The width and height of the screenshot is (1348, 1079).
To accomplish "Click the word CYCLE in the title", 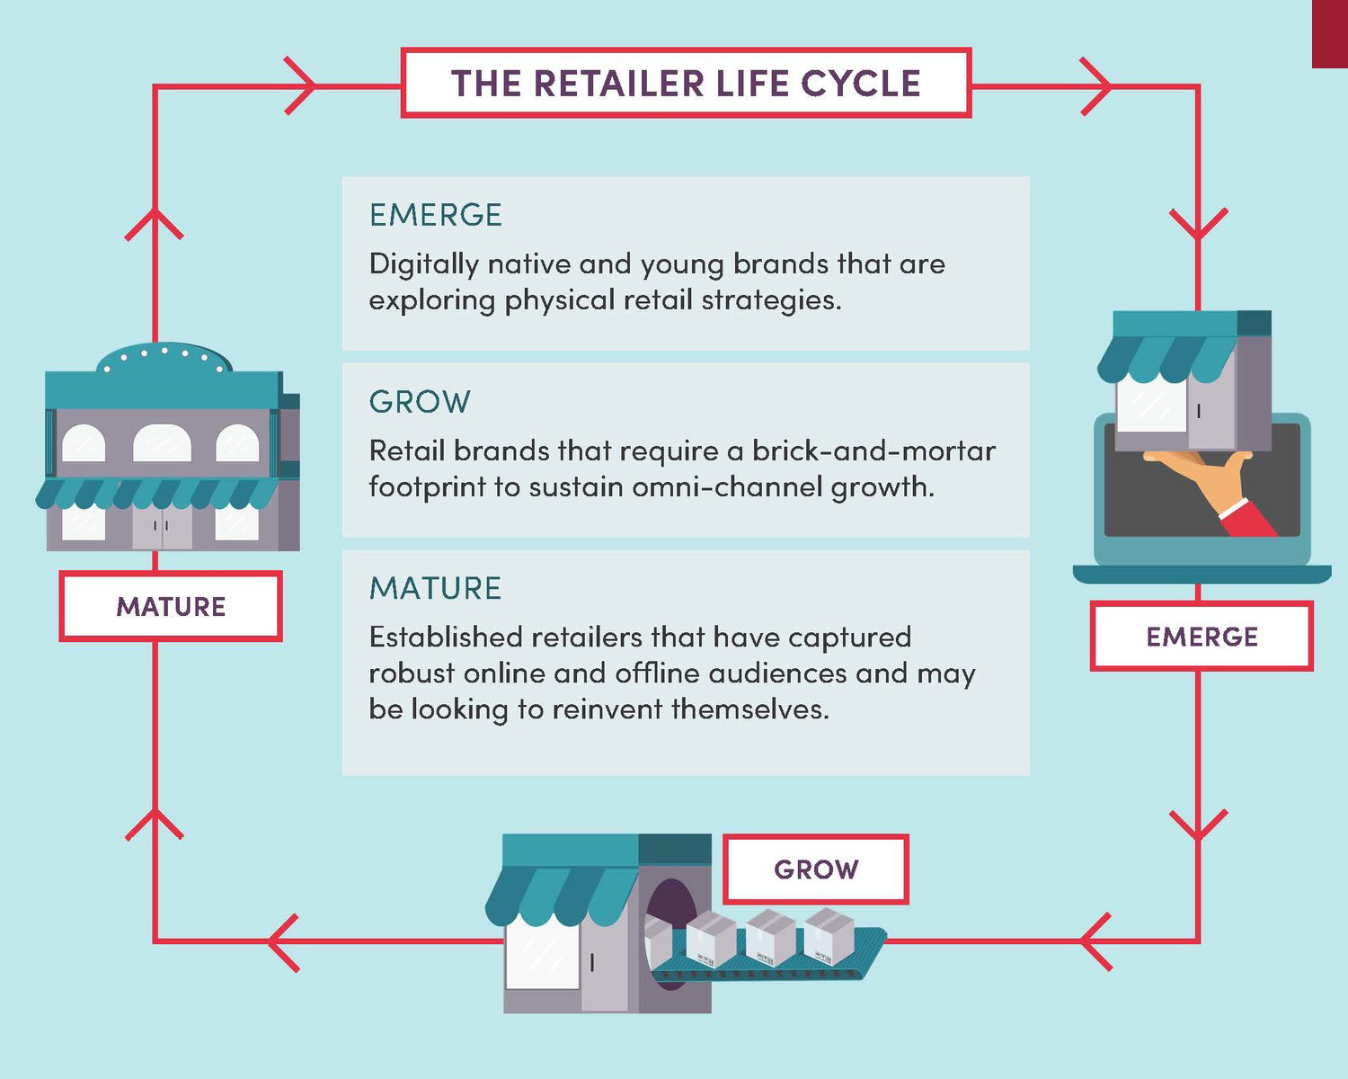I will click(x=860, y=84).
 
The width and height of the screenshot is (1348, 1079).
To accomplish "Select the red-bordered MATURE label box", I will click(x=171, y=606).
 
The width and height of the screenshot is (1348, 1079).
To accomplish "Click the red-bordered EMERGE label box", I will click(x=1202, y=637).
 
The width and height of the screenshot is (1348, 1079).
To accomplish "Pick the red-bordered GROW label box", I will click(x=816, y=869).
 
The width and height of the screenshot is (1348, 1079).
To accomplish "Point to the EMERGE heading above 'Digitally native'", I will click(x=436, y=215).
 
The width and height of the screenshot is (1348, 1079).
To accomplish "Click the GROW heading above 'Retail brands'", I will click(x=420, y=402).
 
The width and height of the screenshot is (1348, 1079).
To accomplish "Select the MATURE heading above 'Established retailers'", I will click(x=436, y=588).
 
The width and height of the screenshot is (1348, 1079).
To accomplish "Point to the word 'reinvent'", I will click(x=607, y=709).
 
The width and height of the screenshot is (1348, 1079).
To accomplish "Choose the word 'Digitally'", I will click(x=424, y=264).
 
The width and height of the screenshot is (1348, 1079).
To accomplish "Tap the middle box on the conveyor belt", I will click(x=771, y=935).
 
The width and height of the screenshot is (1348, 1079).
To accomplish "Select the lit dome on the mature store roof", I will click(x=164, y=358).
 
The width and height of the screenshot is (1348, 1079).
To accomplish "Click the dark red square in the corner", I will click(x=1330, y=33).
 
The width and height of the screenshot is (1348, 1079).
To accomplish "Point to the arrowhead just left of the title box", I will click(x=301, y=86).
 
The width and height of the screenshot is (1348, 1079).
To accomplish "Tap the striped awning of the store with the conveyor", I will click(x=562, y=895).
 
